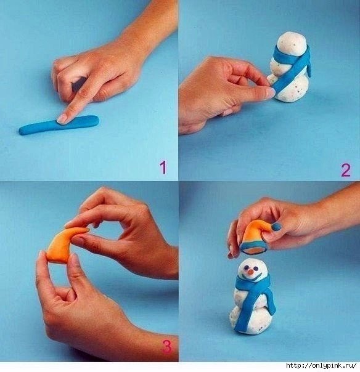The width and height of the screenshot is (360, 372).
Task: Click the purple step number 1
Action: tap(163, 168)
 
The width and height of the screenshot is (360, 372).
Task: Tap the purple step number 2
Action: tap(346, 170)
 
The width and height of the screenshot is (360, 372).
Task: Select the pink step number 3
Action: tap(167, 347)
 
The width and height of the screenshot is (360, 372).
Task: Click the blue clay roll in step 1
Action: tap(59, 125)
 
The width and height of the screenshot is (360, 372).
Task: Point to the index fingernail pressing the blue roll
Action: tap(62, 118)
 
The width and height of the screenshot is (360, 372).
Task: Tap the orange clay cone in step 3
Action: tap(67, 245)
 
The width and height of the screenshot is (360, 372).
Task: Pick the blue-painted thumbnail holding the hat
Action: tap(277, 227)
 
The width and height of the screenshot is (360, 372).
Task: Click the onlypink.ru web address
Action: tap(321, 365)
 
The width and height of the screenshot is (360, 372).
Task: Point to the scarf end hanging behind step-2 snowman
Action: tap(308, 65)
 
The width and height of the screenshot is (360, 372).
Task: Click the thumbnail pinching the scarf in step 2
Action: tap(270, 92)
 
